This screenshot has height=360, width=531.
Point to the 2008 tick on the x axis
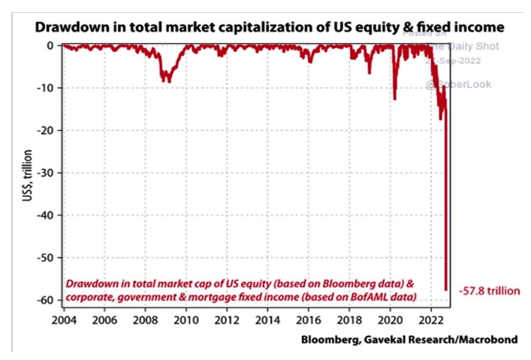pos(145,318)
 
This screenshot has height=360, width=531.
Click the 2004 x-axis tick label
pos(63,318)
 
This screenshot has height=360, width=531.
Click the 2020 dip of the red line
pos(394,98)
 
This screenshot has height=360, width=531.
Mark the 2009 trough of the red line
pos(167,81)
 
